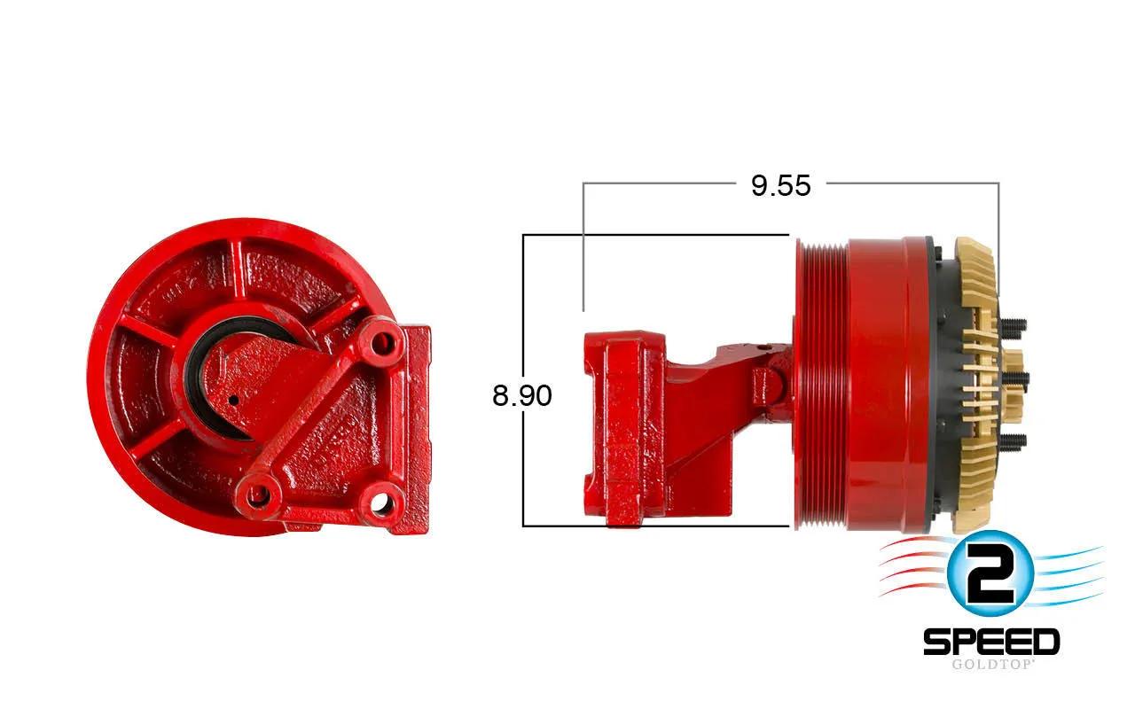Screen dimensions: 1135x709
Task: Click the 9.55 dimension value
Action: click(781, 185)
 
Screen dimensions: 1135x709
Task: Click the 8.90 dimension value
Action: click(522, 395)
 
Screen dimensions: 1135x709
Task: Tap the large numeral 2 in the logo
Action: click(990, 573)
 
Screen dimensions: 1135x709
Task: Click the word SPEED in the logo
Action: click(991, 643)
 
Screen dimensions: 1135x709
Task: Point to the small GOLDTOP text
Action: click(991, 664)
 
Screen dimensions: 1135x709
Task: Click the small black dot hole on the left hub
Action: click(233, 401)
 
